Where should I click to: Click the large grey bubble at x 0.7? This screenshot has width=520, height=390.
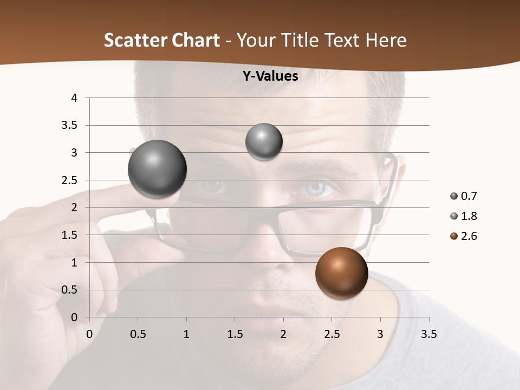click(158, 169)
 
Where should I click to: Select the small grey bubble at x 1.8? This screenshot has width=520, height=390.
click(264, 141)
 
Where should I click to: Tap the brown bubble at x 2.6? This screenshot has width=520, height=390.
click(341, 273)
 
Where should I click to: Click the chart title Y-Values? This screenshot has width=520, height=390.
click(270, 76)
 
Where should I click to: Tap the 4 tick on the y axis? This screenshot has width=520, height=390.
click(75, 98)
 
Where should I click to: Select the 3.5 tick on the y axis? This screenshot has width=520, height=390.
click(70, 125)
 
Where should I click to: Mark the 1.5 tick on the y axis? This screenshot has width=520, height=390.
click(70, 235)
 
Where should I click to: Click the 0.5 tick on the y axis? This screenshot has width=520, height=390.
click(70, 290)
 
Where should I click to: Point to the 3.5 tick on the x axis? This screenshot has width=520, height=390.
click(428, 334)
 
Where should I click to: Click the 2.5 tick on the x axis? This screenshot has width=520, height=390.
click(331, 334)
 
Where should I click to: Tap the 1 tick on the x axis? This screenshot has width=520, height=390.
click(186, 334)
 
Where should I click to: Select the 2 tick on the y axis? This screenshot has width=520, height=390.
click(75, 207)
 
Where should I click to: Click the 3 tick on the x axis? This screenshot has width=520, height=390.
click(380, 334)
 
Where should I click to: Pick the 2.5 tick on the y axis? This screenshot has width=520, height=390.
click(70, 180)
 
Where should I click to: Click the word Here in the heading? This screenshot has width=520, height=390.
click(386, 40)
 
